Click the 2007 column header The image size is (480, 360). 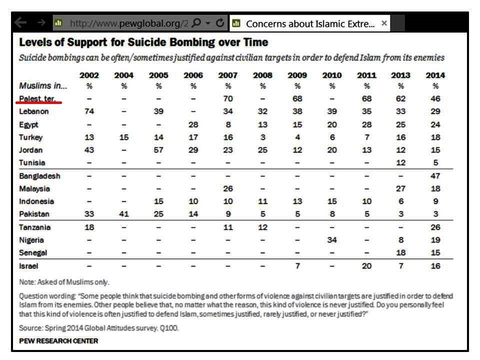(x=228, y=75)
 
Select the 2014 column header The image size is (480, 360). (x=435, y=75)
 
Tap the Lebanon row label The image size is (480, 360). (x=34, y=111)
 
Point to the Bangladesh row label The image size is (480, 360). (x=39, y=176)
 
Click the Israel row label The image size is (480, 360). (x=28, y=266)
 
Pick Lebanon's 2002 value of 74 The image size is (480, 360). (x=89, y=111)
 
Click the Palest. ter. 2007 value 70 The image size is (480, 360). (x=228, y=98)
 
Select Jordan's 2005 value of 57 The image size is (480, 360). (x=158, y=150)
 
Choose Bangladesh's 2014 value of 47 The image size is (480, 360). (x=435, y=176)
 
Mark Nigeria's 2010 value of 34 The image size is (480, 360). (x=331, y=240)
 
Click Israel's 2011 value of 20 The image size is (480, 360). (x=366, y=266)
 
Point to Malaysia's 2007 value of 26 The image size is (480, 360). (x=228, y=188)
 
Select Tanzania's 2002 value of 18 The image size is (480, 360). (x=89, y=227)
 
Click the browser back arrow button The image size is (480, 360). (x=20, y=23)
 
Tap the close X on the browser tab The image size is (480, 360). (x=384, y=23)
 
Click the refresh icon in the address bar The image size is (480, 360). (x=220, y=23)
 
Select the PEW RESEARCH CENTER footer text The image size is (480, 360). (x=58, y=341)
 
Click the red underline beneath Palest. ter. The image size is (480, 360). (x=39, y=102)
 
